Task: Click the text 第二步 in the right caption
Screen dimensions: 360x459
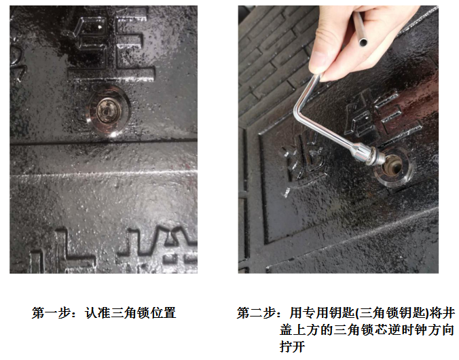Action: pyautogui.click(x=256, y=313)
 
